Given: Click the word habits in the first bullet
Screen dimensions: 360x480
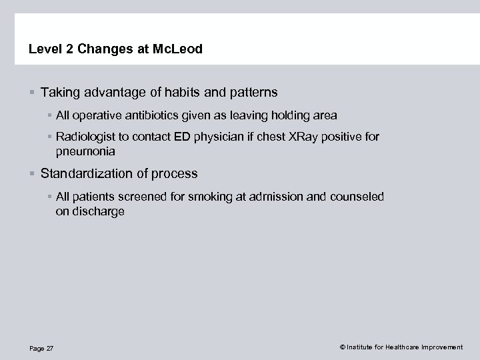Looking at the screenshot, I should pyautogui.click(x=184, y=91).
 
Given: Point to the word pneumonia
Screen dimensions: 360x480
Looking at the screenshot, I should pyautogui.click(x=85, y=151).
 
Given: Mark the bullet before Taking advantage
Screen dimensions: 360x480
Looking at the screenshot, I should pyautogui.click(x=32, y=91).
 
